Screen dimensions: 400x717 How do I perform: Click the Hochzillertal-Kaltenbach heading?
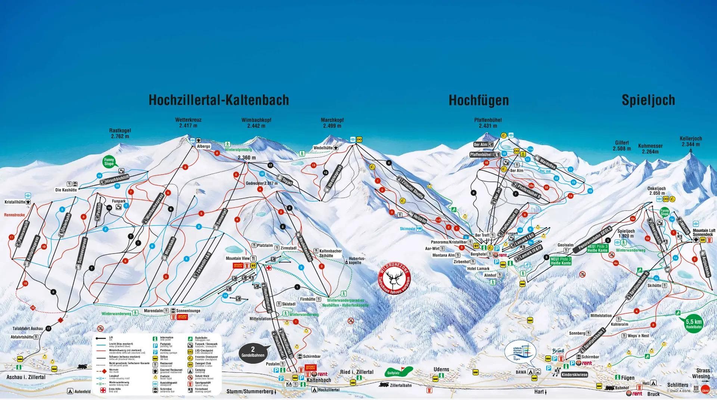pyautogui.click(x=219, y=100)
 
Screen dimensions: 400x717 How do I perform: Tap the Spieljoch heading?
pyautogui.click(x=648, y=100)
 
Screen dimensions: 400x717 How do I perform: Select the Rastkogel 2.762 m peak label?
pyautogui.click(x=120, y=134)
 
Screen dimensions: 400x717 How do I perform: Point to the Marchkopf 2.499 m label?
pyautogui.click(x=332, y=123)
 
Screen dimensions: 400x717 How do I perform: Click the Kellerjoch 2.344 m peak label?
pyautogui.click(x=690, y=142)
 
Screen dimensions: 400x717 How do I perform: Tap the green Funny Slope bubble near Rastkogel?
pyautogui.click(x=109, y=162)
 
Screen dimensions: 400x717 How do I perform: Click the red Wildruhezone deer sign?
pyautogui.click(x=395, y=279)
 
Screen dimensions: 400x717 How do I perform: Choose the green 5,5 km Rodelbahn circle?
pyautogui.click(x=693, y=324)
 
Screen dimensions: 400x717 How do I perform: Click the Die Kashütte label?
pyautogui.click(x=66, y=190)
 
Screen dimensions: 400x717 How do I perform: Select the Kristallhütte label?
pyautogui.click(x=15, y=202)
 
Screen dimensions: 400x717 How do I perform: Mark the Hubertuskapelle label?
pyautogui.click(x=357, y=260)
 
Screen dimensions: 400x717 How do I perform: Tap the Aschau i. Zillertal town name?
pyautogui.click(x=26, y=377)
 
